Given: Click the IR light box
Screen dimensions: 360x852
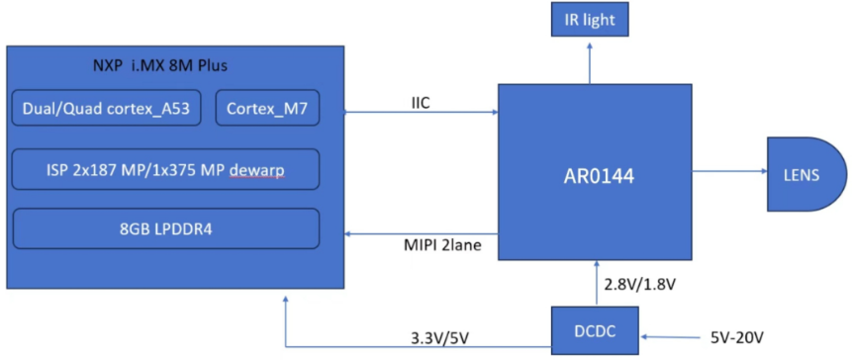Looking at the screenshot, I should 590,21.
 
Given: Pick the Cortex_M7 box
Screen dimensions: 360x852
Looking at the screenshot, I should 268,110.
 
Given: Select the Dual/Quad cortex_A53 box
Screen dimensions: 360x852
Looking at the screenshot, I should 108,110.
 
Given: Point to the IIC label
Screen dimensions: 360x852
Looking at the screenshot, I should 423,101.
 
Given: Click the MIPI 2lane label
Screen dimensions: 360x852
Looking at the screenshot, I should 436,243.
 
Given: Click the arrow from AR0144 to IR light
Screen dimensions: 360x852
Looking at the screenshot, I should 590,61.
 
